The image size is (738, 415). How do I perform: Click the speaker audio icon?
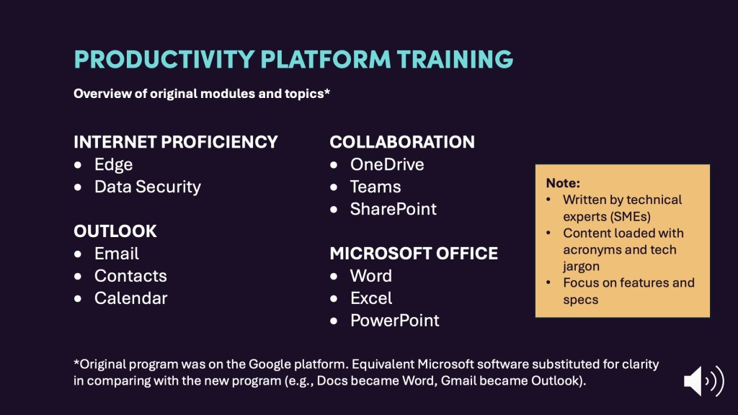point(703,380)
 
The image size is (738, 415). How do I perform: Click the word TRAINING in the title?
point(455,60)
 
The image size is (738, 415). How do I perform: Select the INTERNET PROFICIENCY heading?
point(176,142)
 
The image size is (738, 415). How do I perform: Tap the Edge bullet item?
point(113,165)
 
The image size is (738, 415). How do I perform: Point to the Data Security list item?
point(147,187)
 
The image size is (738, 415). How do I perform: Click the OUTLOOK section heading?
point(115,231)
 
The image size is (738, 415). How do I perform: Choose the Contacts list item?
point(130,276)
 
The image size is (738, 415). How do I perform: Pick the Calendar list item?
point(131,298)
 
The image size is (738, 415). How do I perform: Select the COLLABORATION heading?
point(402,142)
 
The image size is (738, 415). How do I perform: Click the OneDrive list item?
point(387,165)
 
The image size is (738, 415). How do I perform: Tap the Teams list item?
point(375,187)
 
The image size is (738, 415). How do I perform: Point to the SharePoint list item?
point(393,209)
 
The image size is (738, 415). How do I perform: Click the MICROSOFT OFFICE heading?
point(414,254)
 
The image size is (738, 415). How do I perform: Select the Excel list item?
point(371,298)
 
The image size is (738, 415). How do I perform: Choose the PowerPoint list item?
point(394,321)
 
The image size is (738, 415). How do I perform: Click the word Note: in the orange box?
point(563,183)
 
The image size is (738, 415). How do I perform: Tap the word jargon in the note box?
point(582,267)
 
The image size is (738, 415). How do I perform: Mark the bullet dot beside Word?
point(334,276)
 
